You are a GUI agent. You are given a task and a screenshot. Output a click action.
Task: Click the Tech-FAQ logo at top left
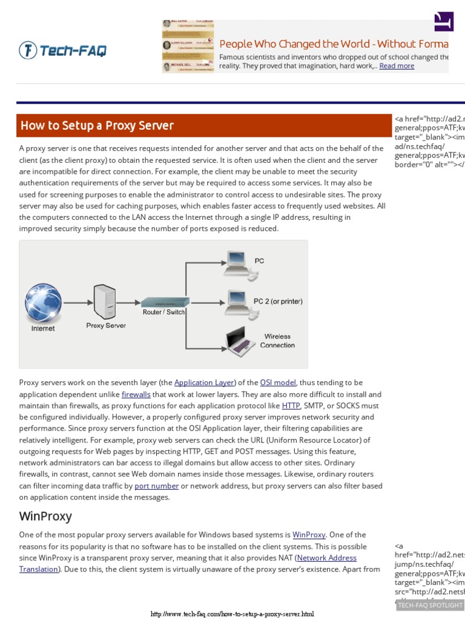pyautogui.click(x=62, y=50)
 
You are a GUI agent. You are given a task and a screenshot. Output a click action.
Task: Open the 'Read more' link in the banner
pyautogui.click(x=397, y=66)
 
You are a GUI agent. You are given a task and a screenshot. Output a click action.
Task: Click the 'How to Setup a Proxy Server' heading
pyautogui.click(x=97, y=126)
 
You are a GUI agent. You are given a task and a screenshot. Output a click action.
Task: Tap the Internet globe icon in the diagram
pyautogui.click(x=43, y=302)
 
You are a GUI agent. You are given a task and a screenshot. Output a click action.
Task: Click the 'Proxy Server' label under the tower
pyautogui.click(x=106, y=326)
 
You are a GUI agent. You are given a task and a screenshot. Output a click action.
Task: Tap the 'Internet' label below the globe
pyautogui.click(x=43, y=329)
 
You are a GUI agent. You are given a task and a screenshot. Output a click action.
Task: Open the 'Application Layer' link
pyautogui.click(x=204, y=383)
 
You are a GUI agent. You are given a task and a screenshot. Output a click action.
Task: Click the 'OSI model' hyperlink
pyautogui.click(x=278, y=383)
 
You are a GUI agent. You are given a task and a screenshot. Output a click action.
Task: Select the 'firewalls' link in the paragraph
pyautogui.click(x=136, y=394)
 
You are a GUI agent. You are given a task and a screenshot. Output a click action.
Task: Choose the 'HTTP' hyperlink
pyautogui.click(x=291, y=406)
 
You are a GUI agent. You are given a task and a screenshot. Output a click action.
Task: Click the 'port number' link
pyautogui.click(x=156, y=486)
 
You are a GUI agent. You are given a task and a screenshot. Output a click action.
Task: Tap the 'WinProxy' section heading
pyautogui.click(x=45, y=516)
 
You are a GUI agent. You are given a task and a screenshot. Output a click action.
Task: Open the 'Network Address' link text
pyautogui.click(x=327, y=558)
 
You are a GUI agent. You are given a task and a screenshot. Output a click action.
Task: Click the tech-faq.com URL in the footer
pyautogui.click(x=232, y=614)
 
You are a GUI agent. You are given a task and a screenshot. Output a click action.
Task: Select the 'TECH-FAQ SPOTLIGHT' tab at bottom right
pyautogui.click(x=430, y=605)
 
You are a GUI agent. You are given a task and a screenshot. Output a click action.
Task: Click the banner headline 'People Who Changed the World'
pyautogui.click(x=333, y=44)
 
